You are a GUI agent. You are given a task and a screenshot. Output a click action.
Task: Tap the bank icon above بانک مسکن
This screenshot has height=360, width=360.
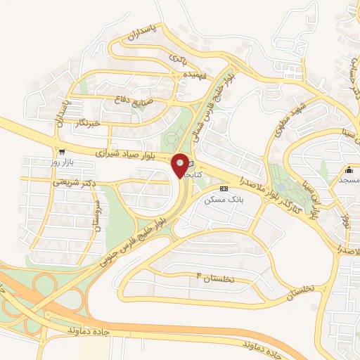(x=224, y=188)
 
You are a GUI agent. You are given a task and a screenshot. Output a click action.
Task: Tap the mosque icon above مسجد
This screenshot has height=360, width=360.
(x=349, y=169)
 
